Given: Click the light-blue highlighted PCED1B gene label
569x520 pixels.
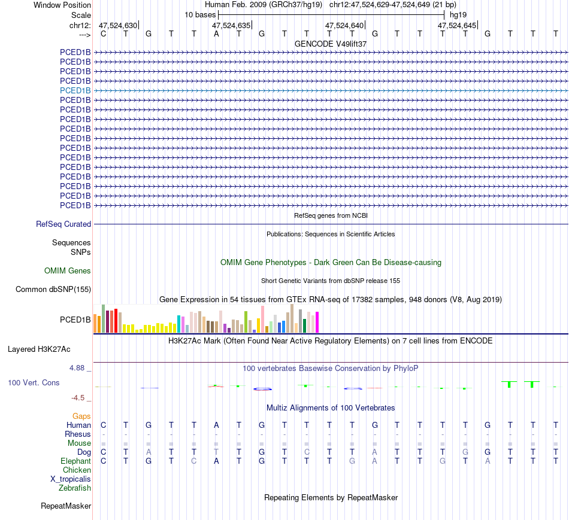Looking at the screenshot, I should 75,90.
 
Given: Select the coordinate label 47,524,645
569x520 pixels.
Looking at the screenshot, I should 457,26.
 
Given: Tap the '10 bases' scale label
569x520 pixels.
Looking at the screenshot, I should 200,14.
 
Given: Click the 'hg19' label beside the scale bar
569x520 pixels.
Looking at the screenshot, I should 458,14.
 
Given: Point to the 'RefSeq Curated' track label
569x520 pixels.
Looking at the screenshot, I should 63,224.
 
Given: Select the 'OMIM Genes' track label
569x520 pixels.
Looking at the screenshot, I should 68,271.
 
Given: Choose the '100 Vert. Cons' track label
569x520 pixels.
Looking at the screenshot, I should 34,382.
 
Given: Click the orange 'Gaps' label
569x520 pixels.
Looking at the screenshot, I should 81,416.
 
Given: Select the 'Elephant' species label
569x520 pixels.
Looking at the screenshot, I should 75,461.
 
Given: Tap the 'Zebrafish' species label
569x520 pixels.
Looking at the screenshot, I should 75,488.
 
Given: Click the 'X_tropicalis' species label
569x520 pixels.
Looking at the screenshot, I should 71,479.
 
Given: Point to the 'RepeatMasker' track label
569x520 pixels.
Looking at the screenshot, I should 66,506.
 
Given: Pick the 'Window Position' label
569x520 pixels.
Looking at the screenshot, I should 62,5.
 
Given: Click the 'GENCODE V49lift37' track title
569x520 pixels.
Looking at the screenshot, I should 331,44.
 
